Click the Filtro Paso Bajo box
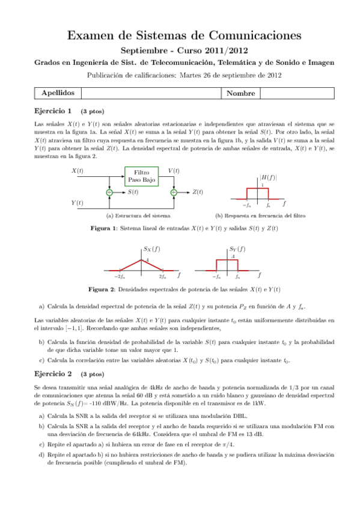tap(141, 176)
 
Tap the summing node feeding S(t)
tap(109, 192)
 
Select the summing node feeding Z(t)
tap(174, 192)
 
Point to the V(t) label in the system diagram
tap(174, 171)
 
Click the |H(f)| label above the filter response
tap(267, 177)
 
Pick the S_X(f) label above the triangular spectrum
tap(152, 248)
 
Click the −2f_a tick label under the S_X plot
tap(119, 276)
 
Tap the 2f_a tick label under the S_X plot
tap(162, 276)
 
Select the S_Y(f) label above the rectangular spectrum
tap(237, 248)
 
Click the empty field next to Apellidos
tap(150, 94)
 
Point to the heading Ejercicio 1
tap(54, 111)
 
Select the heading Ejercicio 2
tap(54, 373)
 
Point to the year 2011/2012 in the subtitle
tap(225, 52)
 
